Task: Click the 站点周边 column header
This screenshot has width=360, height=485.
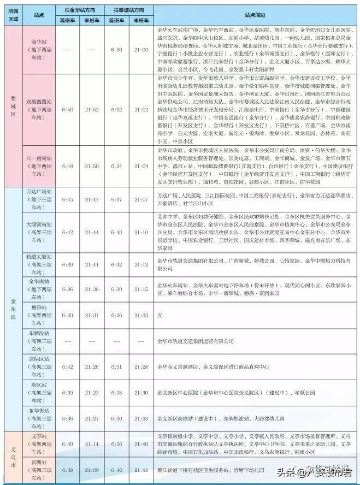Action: point(255,14)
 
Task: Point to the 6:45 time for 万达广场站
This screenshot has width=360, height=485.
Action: point(67,200)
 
